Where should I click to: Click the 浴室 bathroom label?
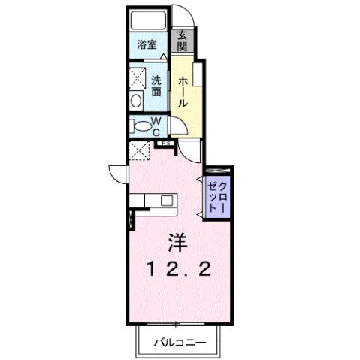[147, 44]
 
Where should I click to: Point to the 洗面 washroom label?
[156, 86]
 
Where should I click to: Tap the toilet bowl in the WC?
[138, 126]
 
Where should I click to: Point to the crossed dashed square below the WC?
[140, 150]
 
